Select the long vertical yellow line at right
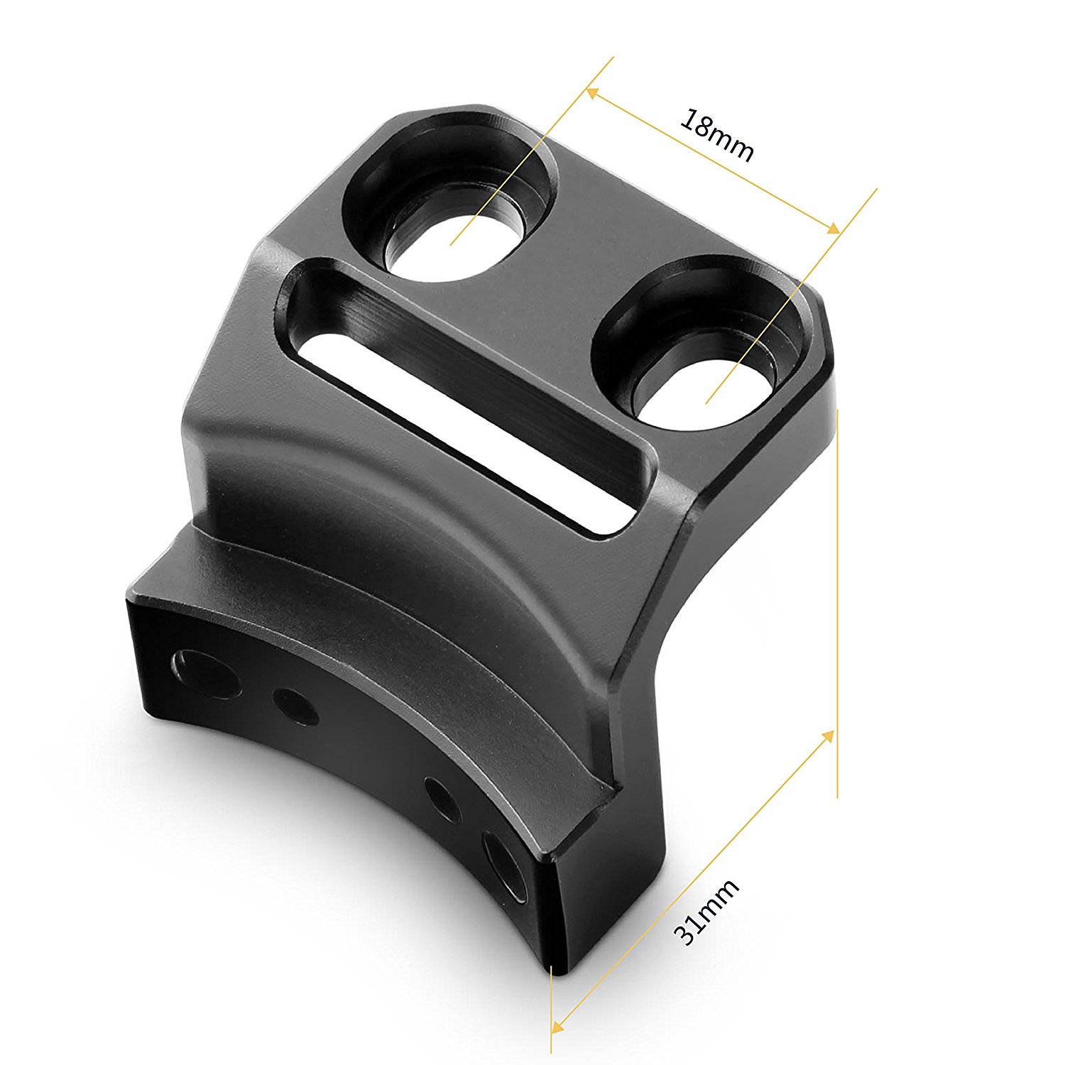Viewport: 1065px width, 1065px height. [838, 603]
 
